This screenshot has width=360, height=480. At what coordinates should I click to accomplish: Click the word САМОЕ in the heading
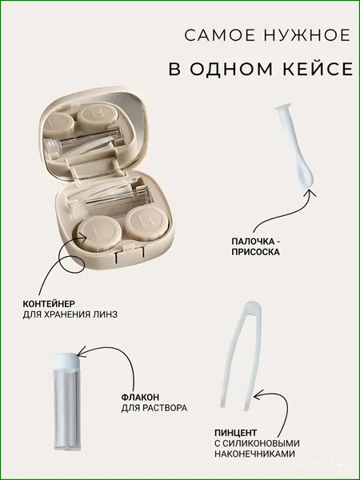tap(220, 35)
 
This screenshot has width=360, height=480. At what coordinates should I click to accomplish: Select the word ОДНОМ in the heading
tap(231, 69)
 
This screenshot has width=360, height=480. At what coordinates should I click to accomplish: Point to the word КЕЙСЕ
tap(318, 69)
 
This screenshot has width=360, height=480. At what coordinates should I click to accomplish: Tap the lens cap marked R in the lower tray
tap(147, 222)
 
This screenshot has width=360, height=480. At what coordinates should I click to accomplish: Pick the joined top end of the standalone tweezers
tap(252, 308)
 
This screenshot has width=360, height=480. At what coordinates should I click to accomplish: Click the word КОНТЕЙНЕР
tap(49, 304)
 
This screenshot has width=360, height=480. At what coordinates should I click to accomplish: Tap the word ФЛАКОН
tap(140, 398)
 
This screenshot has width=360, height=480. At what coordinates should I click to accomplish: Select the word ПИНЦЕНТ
tap(236, 433)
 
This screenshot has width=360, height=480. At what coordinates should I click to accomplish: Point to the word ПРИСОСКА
tap(256, 252)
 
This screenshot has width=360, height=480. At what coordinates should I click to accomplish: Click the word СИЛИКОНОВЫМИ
tap(262, 443)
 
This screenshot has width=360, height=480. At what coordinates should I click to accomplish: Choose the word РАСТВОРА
tap(167, 408)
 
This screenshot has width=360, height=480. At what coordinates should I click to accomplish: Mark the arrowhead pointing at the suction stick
tap(310, 193)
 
